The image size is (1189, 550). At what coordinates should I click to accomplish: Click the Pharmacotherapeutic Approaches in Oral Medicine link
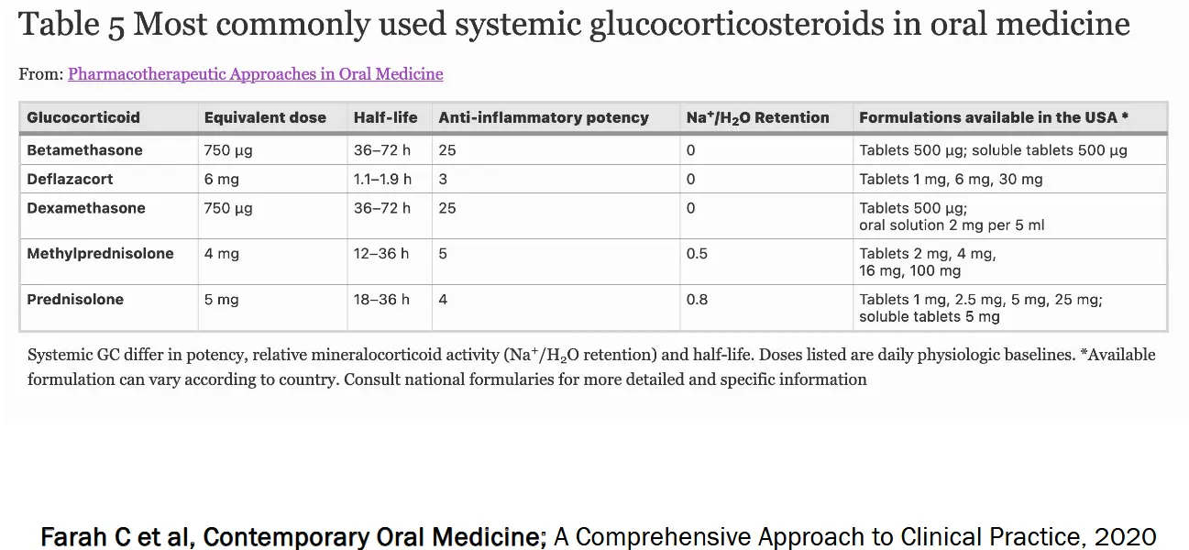(256, 74)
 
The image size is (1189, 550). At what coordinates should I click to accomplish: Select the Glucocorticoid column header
(83, 117)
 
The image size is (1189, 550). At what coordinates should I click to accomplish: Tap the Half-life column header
(385, 117)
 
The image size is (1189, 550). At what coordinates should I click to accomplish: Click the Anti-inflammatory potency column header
(544, 117)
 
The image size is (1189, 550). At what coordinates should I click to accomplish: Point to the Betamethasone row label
(84, 150)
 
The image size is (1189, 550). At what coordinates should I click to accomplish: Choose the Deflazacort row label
(70, 179)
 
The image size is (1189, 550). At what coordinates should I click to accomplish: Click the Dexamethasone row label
(86, 207)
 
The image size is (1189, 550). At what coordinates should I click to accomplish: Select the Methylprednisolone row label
(100, 254)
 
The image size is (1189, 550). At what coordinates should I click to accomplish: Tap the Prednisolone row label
(75, 300)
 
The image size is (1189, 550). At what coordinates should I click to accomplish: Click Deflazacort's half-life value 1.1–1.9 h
(382, 179)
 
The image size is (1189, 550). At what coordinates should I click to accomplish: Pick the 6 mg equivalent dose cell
(221, 180)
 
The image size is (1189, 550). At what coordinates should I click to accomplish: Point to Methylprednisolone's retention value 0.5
(697, 254)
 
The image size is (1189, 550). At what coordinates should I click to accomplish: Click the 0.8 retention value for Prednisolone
(697, 300)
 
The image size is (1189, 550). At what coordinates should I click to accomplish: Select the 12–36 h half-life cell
(381, 254)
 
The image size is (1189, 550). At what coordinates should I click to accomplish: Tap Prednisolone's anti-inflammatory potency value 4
(443, 300)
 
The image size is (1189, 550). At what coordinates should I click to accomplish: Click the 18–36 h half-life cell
(381, 300)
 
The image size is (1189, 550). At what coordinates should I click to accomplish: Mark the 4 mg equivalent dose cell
(221, 254)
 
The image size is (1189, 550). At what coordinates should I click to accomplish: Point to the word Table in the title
(59, 25)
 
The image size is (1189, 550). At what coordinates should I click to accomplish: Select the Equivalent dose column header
(265, 118)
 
